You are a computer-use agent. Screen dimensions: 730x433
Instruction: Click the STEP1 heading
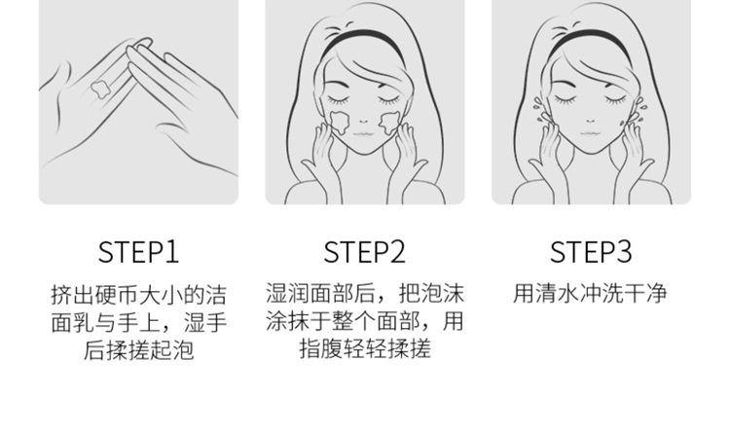[x=138, y=252]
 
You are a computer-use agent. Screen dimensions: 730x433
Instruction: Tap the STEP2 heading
[x=365, y=252]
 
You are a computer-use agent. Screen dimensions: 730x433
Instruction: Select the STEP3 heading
[x=591, y=252]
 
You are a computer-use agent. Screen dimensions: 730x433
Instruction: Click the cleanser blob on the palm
[x=99, y=88]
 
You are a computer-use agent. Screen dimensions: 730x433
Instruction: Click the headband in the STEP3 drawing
[x=591, y=40]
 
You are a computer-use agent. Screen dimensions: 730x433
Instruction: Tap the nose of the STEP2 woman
[x=364, y=121]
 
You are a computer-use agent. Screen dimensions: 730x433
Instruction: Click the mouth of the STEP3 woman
[x=590, y=133]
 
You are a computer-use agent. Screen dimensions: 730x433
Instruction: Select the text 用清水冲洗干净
[x=591, y=293]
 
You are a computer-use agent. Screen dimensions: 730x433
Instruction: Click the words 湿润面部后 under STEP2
[x=320, y=293]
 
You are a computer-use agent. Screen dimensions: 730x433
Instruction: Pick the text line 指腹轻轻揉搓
[x=365, y=348]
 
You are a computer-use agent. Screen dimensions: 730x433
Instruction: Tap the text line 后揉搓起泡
[x=138, y=350]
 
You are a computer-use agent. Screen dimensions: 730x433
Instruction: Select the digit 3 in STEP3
[x=624, y=252]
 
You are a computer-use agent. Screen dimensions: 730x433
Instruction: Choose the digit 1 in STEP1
[x=172, y=252]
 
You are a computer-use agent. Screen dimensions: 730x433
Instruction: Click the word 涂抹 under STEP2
[x=288, y=321]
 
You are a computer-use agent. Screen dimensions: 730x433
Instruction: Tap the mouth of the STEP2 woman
[x=363, y=134]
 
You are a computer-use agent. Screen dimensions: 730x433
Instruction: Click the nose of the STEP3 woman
[x=591, y=121]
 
